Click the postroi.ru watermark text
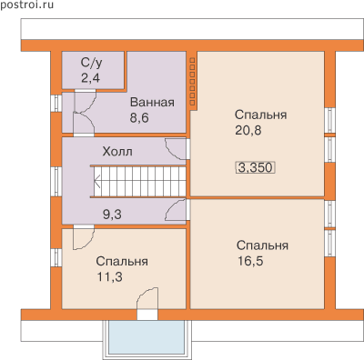pos(26,5)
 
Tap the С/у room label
pos(91,63)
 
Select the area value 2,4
pos(90,78)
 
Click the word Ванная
pos(152,103)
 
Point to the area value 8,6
pos(139,117)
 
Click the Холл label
pos(117,152)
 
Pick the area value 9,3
pos(112,215)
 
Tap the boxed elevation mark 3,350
pos(256,167)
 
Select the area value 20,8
pos(248,130)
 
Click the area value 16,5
pos(250,261)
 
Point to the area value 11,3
pos(110,276)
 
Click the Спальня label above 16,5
pos(262,245)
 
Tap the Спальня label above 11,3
pos(122,261)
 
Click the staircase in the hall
pos(139,182)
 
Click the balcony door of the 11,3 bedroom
pos(147,303)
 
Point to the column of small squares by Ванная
pos(192,82)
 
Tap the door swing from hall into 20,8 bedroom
pos(176,149)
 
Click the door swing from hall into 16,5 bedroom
pos(176,210)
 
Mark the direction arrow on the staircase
pos(97,182)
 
